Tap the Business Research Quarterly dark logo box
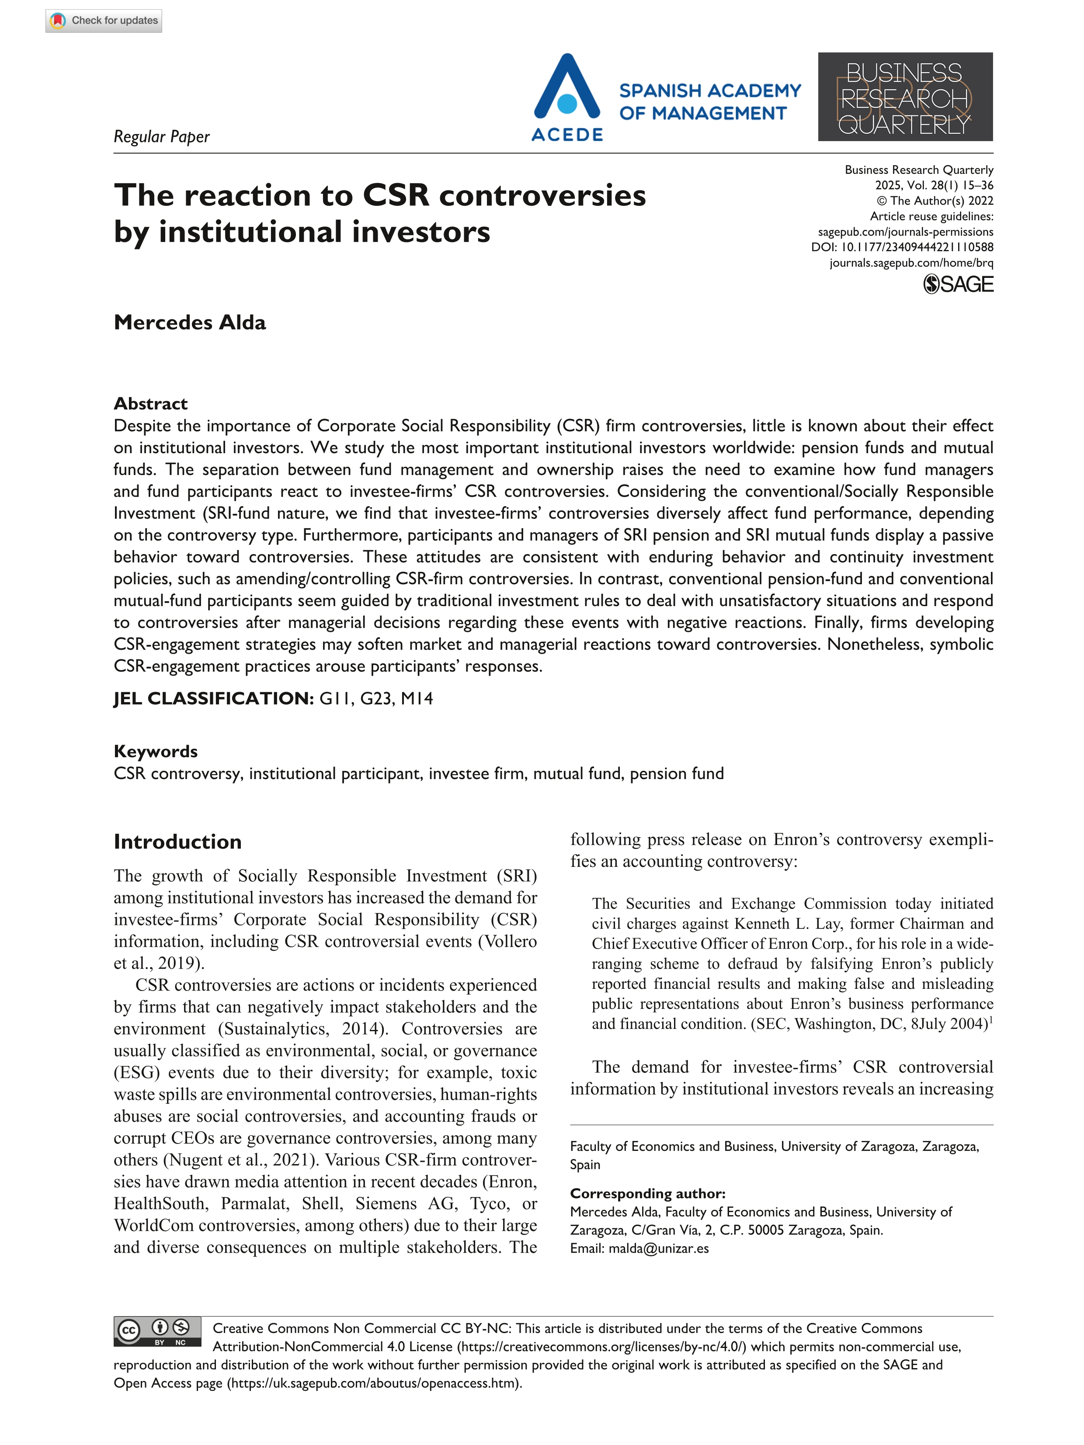905,97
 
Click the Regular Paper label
161,136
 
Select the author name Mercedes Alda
190,323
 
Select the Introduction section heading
177,842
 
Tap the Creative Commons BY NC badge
157,1332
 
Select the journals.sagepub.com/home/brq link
911,263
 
